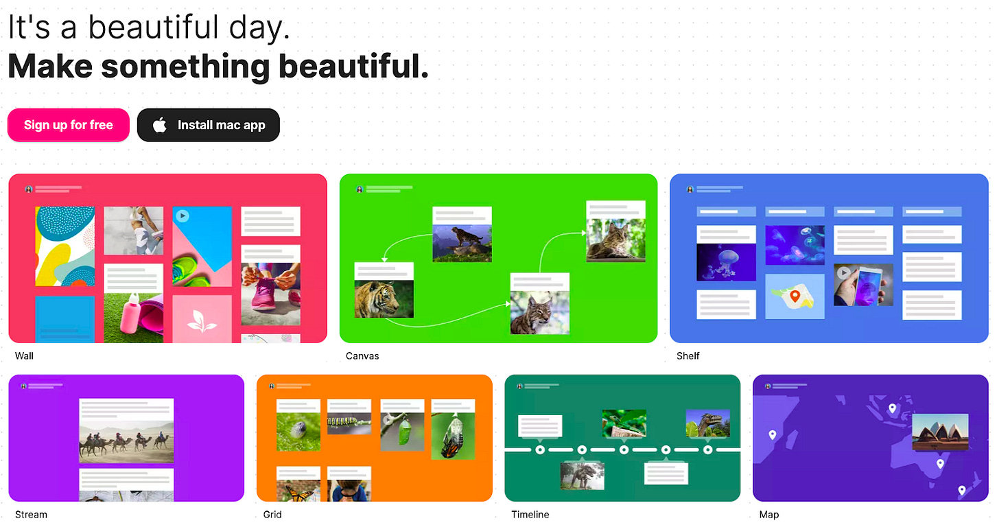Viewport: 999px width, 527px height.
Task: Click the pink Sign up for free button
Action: coord(69,125)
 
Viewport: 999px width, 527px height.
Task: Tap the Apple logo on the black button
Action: coord(160,125)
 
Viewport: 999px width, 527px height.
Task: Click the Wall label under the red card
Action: coord(24,355)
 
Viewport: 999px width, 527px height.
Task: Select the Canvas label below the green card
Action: coord(362,355)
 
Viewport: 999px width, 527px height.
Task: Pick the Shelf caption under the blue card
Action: coord(688,355)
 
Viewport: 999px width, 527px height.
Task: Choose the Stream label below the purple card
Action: coord(31,514)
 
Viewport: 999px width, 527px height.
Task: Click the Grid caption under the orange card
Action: coord(272,514)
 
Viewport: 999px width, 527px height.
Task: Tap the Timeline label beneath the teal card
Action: coord(530,514)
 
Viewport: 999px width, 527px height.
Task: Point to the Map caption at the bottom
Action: coord(768,514)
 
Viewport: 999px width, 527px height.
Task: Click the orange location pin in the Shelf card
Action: coord(795,296)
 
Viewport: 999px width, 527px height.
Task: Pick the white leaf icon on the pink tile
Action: coord(202,320)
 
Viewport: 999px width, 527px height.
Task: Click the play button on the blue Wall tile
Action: coord(182,215)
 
